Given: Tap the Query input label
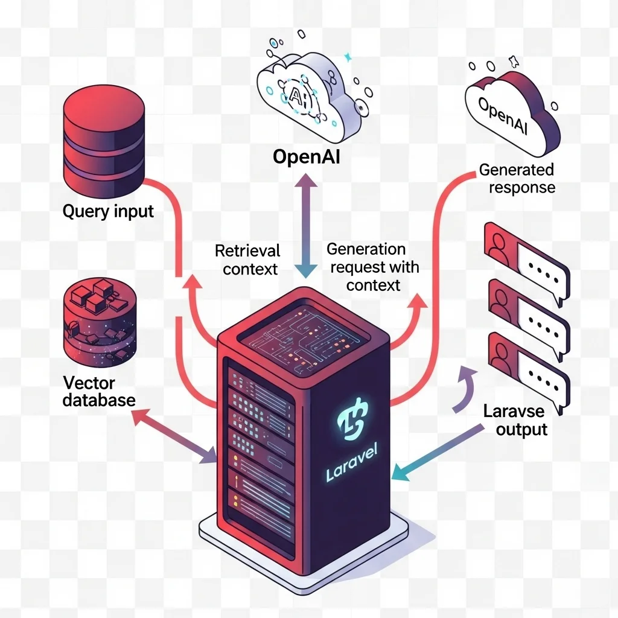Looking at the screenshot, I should point(108,212).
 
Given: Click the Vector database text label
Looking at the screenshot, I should point(98,391).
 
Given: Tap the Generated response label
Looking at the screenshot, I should point(517,178).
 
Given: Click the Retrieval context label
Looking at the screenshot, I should point(247,259).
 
